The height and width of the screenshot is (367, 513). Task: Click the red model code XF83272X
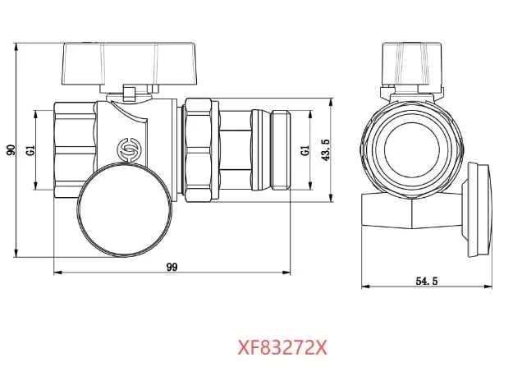[282, 347]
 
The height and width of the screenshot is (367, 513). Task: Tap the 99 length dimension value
[172, 267]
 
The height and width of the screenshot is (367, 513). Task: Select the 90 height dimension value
[11, 150]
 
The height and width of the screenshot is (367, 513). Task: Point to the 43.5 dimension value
[326, 150]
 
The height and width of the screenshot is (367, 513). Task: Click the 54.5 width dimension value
[427, 281]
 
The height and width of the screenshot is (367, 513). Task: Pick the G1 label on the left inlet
[30, 150]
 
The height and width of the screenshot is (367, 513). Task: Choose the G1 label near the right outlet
[305, 150]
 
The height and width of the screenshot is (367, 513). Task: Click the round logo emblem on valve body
[126, 149]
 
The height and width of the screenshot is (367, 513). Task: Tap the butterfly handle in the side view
[130, 64]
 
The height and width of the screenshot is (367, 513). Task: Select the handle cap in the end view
[413, 64]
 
